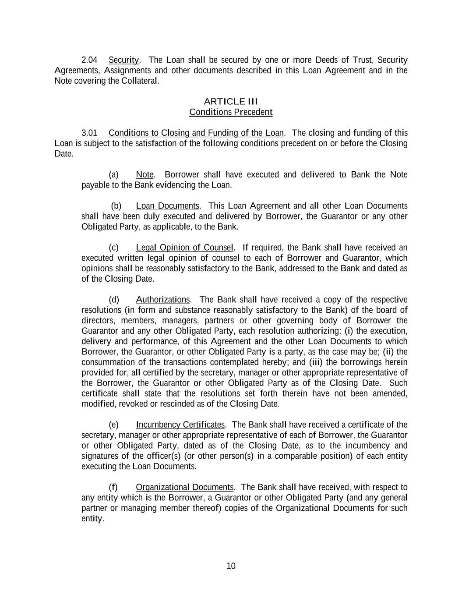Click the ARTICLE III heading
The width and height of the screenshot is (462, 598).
pos(231,102)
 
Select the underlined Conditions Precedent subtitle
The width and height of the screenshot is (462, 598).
pos(231,112)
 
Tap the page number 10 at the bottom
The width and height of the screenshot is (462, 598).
pos(231,566)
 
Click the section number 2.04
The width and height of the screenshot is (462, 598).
pos(89,60)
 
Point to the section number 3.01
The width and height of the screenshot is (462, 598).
pos(89,133)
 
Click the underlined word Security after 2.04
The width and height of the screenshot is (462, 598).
pos(123,60)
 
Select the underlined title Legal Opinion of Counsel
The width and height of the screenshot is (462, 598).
pos(185,248)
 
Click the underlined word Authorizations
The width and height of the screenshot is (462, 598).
pos(162,300)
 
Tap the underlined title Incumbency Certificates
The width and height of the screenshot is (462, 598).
pos(180,425)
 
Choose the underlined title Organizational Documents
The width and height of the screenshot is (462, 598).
pos(185,488)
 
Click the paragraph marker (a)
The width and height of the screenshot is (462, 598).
pos(113,175)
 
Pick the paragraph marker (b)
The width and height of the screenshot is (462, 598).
pos(116,206)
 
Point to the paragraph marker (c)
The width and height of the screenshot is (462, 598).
pos(113,248)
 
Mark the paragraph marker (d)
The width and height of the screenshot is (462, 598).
pos(113,300)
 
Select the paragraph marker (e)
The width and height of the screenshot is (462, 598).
pos(113,425)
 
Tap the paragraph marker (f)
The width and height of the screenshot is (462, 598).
pos(113,488)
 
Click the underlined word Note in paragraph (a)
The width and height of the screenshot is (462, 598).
pos(145,175)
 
